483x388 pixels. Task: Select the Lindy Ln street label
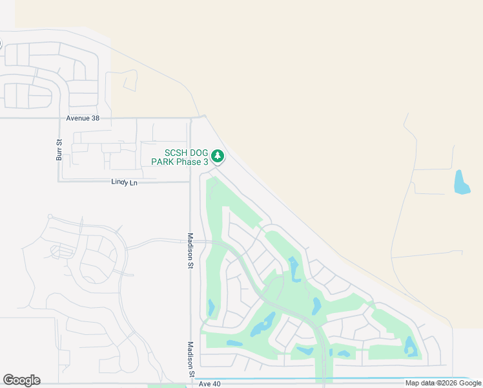[x=125, y=183]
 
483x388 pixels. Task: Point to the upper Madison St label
[x=190, y=250]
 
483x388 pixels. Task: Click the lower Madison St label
[x=190, y=360]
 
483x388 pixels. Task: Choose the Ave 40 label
[x=210, y=384]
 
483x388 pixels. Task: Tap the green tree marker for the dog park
[x=218, y=156]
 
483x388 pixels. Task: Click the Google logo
[x=21, y=380]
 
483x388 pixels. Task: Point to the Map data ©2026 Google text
[x=443, y=383]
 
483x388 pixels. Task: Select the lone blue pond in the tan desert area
[x=462, y=182]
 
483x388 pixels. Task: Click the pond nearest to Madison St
[x=211, y=307]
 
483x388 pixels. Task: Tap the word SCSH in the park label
[x=177, y=153]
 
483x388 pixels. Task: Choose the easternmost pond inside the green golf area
[x=410, y=347]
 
